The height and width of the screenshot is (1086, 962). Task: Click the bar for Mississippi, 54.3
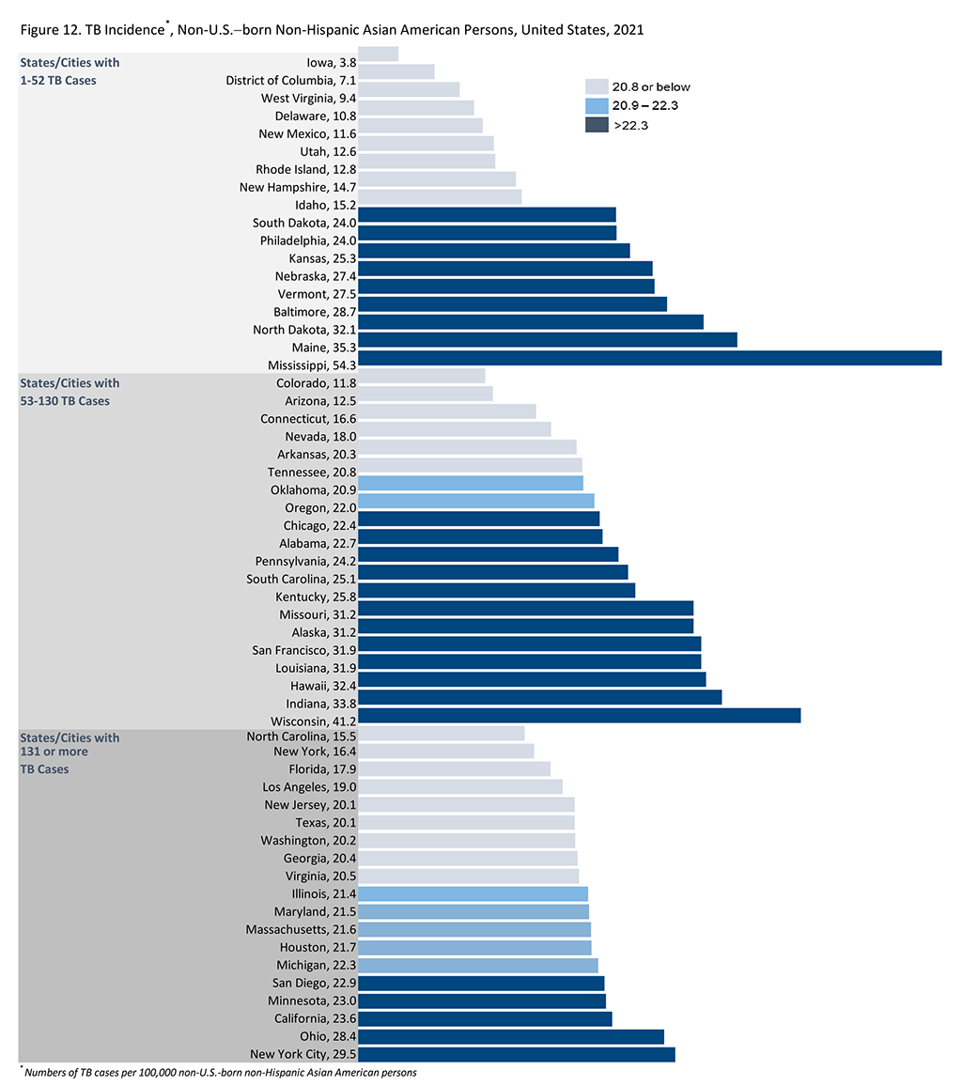click(x=649, y=357)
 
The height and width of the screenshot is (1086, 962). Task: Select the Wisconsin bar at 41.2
click(x=579, y=715)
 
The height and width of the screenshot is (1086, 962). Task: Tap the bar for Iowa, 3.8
click(x=378, y=54)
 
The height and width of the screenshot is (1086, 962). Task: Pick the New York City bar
click(x=516, y=1054)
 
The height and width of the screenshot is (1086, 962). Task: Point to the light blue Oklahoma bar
click(x=470, y=483)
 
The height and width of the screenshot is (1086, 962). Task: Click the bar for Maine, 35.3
click(x=547, y=339)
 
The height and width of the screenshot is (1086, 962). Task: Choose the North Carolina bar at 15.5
click(x=441, y=733)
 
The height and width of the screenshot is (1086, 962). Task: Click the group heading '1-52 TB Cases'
click(x=58, y=80)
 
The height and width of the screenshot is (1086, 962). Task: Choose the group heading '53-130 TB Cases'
click(x=65, y=401)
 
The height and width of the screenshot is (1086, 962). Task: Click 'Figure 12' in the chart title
click(x=50, y=30)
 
